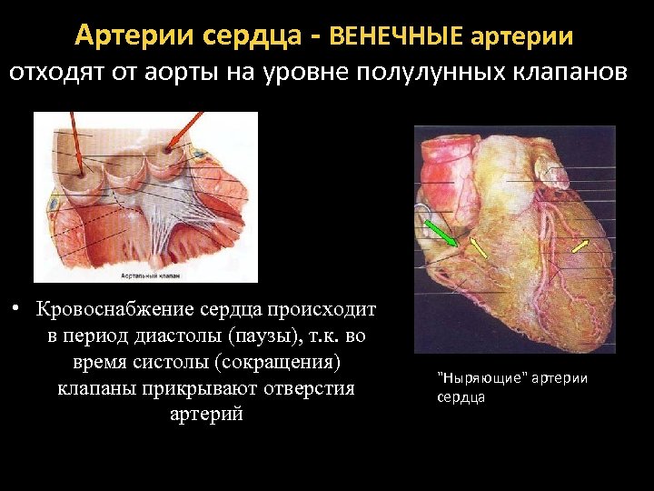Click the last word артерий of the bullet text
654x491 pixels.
point(207,415)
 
